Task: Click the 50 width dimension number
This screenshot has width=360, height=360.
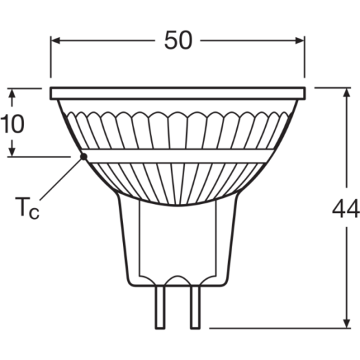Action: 178,41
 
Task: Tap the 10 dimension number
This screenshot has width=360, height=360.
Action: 12,124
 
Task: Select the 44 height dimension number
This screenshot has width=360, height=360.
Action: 346,208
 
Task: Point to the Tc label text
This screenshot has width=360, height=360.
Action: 27,208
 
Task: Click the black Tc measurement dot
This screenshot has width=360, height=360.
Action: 84,157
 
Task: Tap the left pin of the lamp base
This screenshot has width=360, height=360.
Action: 160,307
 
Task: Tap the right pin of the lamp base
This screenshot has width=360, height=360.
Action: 195,307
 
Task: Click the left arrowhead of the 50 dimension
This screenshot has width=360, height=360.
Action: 56,41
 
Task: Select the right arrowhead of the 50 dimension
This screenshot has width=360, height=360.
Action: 300,41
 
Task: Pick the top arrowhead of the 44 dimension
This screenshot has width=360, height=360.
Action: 347,93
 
